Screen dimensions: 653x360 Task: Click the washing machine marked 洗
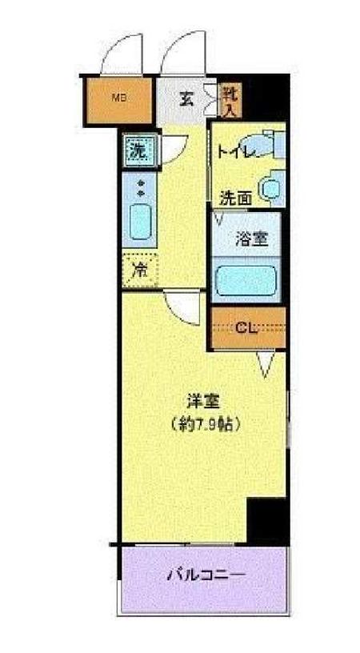tap(138, 148)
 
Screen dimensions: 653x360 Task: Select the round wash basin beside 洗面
tap(273, 187)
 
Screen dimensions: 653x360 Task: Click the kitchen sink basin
tap(142, 221)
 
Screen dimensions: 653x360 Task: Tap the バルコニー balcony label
tap(205, 575)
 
